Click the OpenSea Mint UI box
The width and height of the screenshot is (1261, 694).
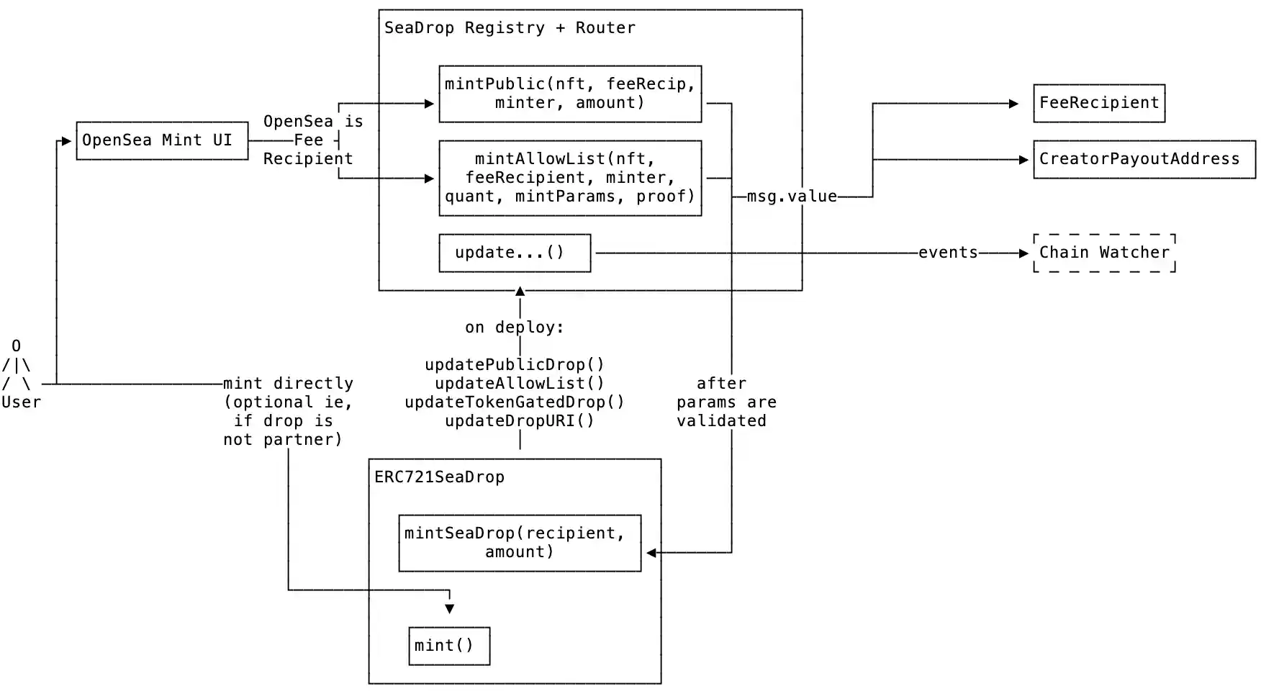(x=162, y=140)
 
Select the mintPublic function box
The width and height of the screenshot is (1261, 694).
(x=570, y=94)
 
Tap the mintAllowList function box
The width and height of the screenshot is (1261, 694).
(x=570, y=178)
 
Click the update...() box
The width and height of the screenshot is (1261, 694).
(x=515, y=253)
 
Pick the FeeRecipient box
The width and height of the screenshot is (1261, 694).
(x=1099, y=103)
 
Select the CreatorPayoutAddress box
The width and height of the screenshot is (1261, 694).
(x=1144, y=159)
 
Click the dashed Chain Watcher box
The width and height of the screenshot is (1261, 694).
(x=1104, y=253)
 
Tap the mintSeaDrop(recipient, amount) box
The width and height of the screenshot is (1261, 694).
(x=520, y=543)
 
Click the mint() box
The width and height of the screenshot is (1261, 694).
(x=449, y=646)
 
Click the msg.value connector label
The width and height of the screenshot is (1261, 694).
(x=792, y=197)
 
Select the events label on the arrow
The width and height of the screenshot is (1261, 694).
(x=948, y=253)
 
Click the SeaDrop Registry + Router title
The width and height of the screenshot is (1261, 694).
(x=510, y=28)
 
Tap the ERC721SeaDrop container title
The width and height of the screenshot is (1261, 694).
(x=439, y=477)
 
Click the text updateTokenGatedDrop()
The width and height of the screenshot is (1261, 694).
(x=515, y=402)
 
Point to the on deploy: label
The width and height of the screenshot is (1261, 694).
(x=515, y=328)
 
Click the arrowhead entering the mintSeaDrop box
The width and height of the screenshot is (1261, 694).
(x=651, y=553)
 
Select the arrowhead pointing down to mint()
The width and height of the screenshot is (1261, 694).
(x=450, y=609)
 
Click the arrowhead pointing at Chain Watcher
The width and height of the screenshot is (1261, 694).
(x=1023, y=253)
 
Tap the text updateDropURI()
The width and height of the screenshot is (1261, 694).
(x=520, y=421)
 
